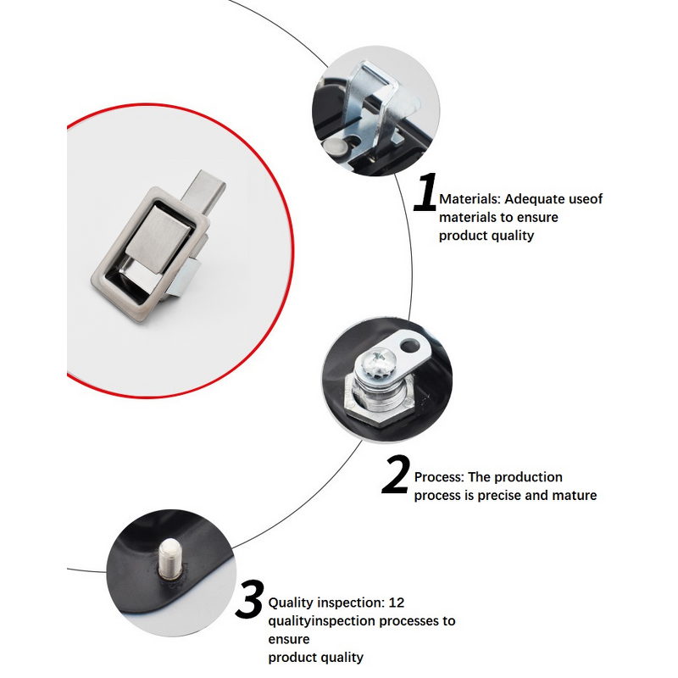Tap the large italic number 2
tap(396, 475)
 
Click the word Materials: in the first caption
tap(470, 199)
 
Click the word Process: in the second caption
tap(439, 477)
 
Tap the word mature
tap(575, 495)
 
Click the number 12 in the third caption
tap(397, 603)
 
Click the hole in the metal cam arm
tap(414, 346)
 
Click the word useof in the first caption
tap(586, 199)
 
